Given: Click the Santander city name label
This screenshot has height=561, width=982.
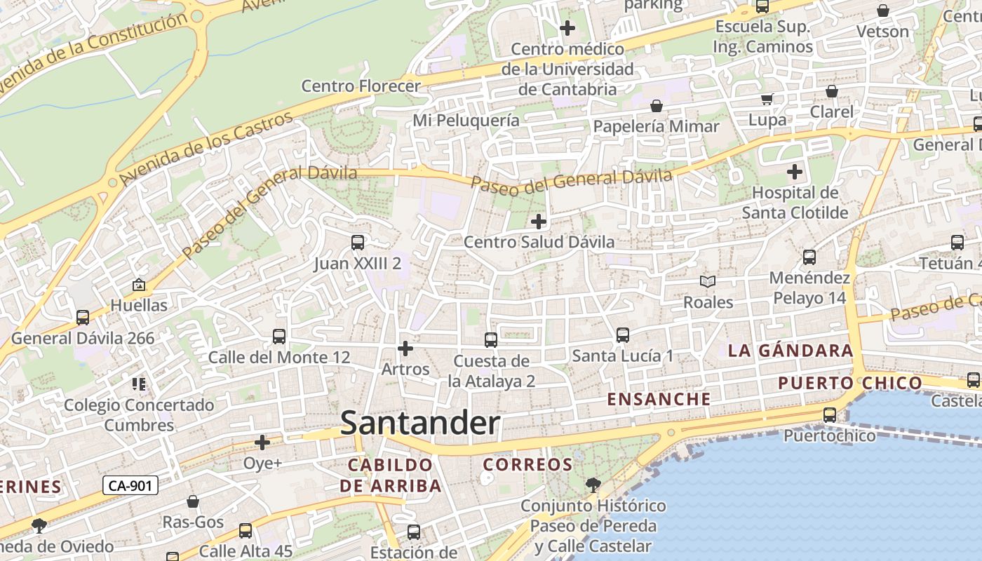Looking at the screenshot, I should [419, 424].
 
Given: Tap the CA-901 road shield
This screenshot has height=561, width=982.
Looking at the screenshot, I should [130, 485].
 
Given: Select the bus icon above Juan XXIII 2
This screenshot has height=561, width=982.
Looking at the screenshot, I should [358, 243].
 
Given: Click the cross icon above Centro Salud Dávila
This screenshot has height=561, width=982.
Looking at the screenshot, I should [539, 222].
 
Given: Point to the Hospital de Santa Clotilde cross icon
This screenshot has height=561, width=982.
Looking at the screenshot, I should [795, 172].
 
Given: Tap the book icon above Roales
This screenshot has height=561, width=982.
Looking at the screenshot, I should [708, 282].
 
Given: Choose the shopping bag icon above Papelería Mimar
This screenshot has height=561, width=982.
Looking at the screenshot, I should [657, 106].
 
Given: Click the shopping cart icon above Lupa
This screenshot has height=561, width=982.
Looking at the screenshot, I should [767, 99].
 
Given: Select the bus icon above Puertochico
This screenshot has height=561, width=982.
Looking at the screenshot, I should [830, 415].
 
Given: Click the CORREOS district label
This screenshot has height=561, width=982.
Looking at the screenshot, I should [528, 465].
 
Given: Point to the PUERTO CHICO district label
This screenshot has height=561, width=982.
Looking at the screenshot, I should [850, 383].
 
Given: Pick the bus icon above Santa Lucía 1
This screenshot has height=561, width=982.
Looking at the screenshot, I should [623, 335].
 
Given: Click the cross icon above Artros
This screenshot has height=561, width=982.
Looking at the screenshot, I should [405, 349].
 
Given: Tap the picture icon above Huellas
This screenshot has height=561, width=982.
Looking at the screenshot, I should [139, 285].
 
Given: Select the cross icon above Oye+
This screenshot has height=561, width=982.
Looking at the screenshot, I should [262, 442].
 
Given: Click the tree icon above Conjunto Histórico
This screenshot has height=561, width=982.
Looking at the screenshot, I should [593, 485].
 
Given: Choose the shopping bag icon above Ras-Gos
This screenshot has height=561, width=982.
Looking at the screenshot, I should [193, 502].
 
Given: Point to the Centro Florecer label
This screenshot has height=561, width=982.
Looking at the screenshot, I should [361, 86].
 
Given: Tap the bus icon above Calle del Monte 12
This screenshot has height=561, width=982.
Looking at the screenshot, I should [279, 337].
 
